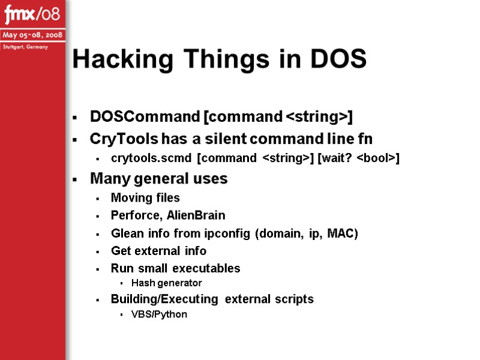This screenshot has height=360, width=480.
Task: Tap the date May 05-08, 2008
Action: tap(32, 34)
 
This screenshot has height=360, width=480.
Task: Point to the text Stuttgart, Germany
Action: tap(25, 47)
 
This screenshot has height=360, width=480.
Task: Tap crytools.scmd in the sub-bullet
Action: tap(151, 158)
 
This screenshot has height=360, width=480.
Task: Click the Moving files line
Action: tap(145, 197)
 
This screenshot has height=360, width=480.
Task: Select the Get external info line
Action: tap(158, 251)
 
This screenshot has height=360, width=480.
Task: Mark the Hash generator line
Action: tap(166, 283)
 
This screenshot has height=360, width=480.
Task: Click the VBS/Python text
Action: tap(158, 314)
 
